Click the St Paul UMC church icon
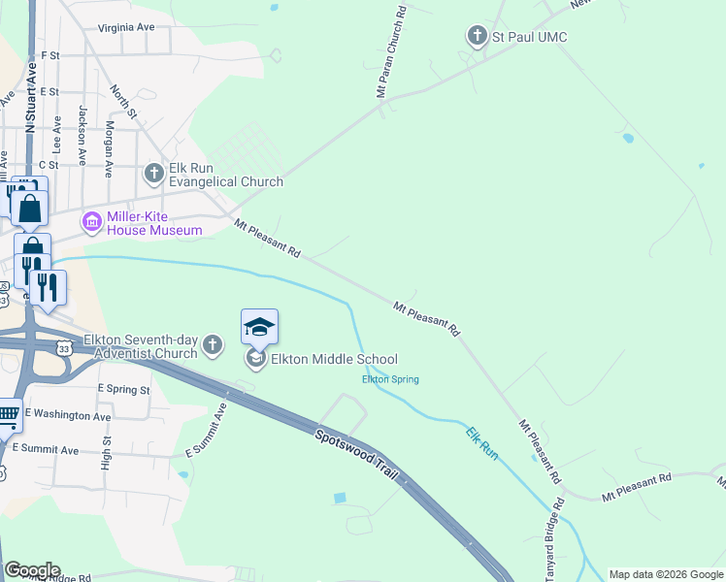coord(477,37)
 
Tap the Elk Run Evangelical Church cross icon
coord(153,174)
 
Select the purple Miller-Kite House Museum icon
coord(92,222)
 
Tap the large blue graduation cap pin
coord(259,327)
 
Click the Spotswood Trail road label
coord(359,451)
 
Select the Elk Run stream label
coord(482,442)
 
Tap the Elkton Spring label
coord(390,379)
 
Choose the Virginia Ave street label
coord(125,28)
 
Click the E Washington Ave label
coord(68,414)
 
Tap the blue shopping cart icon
coord(8,415)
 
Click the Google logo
coord(31,570)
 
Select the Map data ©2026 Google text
coord(665,574)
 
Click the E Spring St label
coord(123,389)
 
